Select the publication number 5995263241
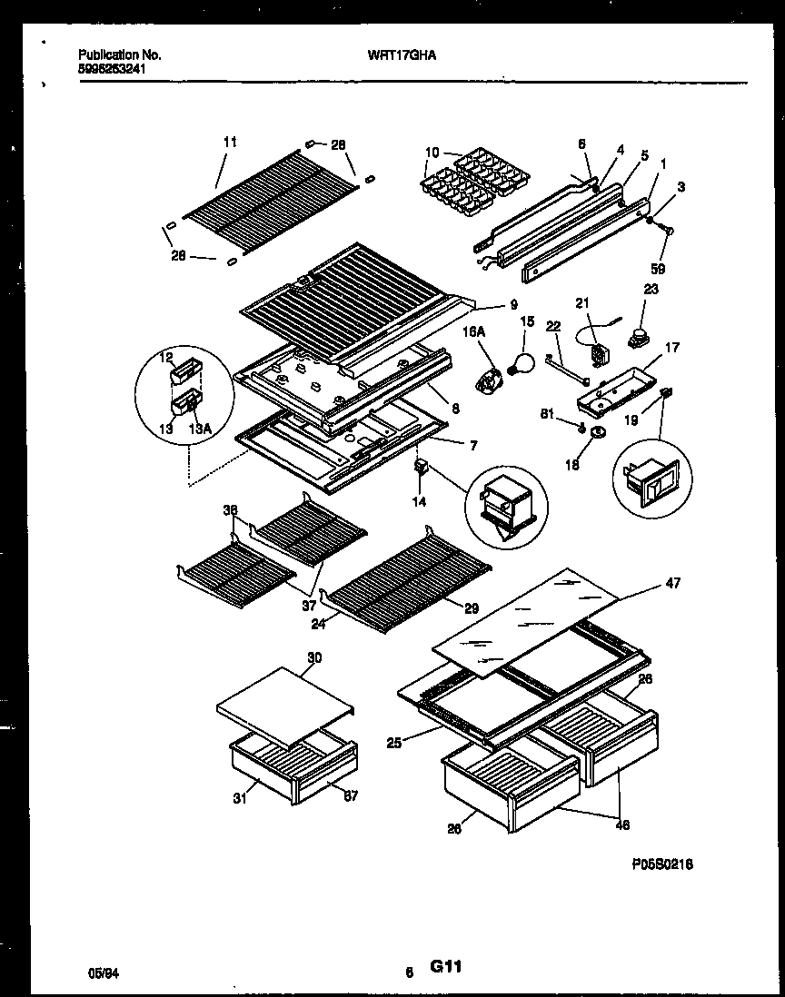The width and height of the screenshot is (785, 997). pyautogui.click(x=111, y=68)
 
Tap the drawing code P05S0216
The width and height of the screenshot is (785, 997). pyautogui.click(x=662, y=865)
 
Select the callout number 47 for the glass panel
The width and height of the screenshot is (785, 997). pyautogui.click(x=672, y=582)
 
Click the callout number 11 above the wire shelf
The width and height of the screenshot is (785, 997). pyautogui.click(x=229, y=142)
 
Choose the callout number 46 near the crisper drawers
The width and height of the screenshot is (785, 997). pyautogui.click(x=621, y=825)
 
